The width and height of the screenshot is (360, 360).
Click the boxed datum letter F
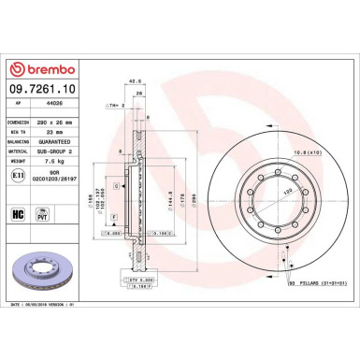114,217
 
